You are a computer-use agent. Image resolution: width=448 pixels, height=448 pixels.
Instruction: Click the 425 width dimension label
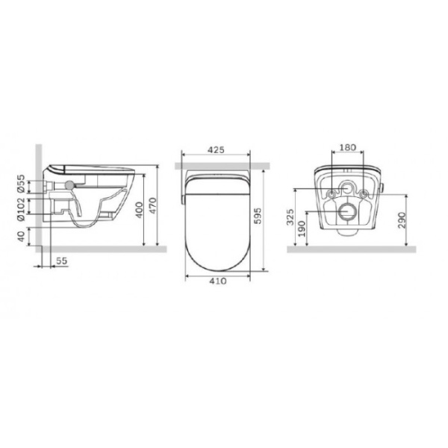pos(216,150)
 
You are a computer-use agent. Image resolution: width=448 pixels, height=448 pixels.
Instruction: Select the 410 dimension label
pos(218,281)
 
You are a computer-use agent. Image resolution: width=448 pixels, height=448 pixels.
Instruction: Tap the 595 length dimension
pos(258,216)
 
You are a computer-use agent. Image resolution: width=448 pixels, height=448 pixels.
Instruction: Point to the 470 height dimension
pos(153,206)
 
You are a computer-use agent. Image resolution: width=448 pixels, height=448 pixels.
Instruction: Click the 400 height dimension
pos(139,210)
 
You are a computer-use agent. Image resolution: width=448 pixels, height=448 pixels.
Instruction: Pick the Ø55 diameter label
pos(21,183)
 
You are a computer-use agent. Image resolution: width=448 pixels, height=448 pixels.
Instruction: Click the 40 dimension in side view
pos(21,236)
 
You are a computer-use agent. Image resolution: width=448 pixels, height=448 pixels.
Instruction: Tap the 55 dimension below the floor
pos(61,261)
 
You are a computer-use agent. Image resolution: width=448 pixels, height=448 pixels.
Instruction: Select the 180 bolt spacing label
pos(347,147)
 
